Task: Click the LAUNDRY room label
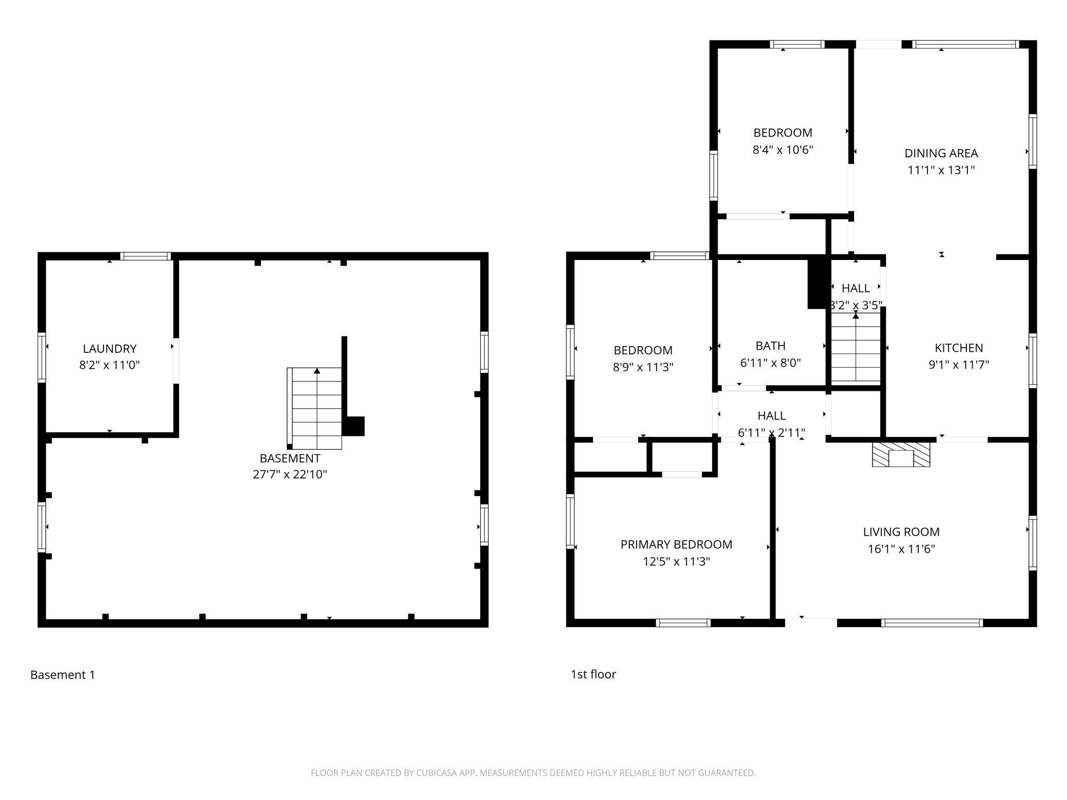click(x=110, y=349)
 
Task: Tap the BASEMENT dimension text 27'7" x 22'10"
click(x=290, y=474)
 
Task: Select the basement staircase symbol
click(x=314, y=408)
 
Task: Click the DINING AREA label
click(x=941, y=153)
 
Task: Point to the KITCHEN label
click(x=959, y=348)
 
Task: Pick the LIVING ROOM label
click(x=901, y=532)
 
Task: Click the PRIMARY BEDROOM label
click(x=676, y=544)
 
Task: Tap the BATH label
click(x=770, y=346)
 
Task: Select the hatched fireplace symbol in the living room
click(x=901, y=454)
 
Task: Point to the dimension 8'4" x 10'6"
click(x=783, y=150)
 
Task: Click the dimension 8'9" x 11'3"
click(x=643, y=367)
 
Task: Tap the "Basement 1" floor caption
click(x=63, y=675)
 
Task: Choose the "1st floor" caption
click(x=593, y=674)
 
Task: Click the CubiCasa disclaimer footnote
click(x=533, y=773)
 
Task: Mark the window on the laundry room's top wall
click(x=146, y=256)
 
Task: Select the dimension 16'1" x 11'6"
click(x=901, y=549)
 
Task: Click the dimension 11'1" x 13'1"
click(x=941, y=170)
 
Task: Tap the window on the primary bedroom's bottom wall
click(x=683, y=623)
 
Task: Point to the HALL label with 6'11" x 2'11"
click(x=772, y=415)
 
